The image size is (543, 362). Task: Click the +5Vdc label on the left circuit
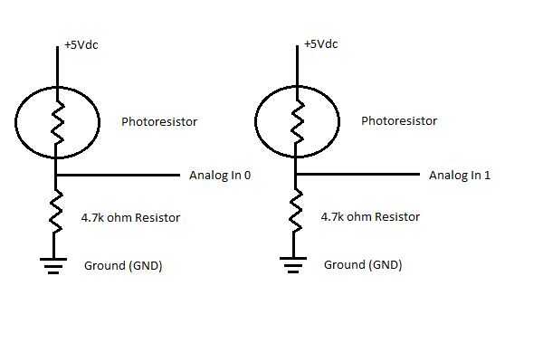tap(81, 44)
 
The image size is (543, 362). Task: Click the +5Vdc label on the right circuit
tap(321, 44)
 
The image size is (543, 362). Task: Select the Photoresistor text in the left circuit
tap(159, 121)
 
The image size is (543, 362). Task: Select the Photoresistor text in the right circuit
tap(399, 121)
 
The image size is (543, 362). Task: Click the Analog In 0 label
tap(219, 176)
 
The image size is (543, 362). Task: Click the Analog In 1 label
tap(459, 176)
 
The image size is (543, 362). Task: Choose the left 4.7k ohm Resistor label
tap(131, 217)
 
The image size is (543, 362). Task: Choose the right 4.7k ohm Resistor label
tap(371, 217)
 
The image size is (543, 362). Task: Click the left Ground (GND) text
tap(123, 265)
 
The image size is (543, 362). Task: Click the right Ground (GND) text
tap(363, 265)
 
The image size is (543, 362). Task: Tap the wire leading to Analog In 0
tap(118, 174)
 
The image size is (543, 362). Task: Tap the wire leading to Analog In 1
tap(357, 174)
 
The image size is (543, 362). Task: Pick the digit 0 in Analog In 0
tap(247, 176)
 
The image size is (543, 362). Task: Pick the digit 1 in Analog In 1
tap(487, 176)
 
